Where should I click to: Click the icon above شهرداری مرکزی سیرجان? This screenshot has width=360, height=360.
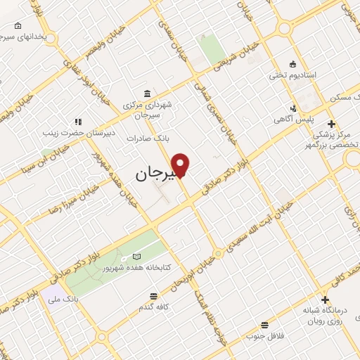pos(146,94)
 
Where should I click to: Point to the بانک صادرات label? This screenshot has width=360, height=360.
pos(149,139)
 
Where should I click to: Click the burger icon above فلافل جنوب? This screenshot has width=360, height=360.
pos(264,324)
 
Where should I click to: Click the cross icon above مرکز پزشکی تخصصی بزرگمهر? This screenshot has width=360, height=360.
pos(331,124)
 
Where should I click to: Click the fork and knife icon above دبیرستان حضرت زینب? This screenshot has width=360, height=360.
pos(77,121)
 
